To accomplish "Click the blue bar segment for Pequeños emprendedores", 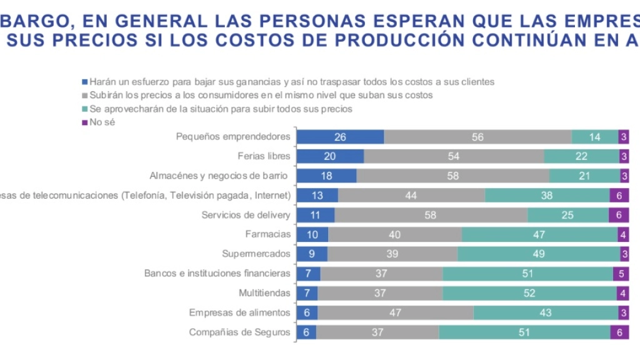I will point(340,137).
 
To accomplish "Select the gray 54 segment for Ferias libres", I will point(454,156).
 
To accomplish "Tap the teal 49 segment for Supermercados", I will point(538,254).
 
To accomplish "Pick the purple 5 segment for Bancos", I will point(621,273).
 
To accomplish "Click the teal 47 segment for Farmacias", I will point(540,234).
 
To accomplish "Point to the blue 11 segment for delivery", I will point(316,215).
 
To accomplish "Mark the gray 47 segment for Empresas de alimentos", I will point(396,312).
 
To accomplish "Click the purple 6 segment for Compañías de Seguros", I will point(619,332).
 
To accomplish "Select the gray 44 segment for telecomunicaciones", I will point(411,196).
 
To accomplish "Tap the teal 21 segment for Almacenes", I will point(584,176).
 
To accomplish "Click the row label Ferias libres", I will point(264,156).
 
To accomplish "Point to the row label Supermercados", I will point(256,254).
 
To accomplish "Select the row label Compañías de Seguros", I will point(239,332).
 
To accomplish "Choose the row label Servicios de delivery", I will point(246,215).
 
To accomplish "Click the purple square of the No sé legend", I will point(85,122).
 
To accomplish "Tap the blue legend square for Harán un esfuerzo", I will point(85,82).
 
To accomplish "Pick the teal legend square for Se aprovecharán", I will point(85,109).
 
